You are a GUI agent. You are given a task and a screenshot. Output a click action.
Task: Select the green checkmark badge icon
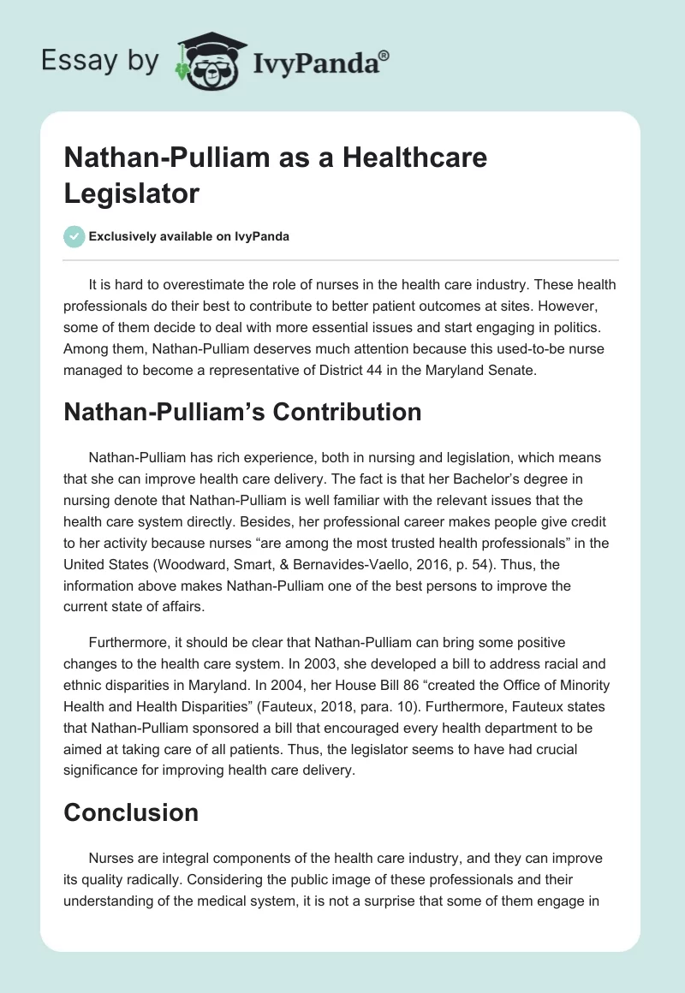pyautogui.click(x=74, y=236)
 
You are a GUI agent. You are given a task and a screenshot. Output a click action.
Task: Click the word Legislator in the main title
pyautogui.click(x=131, y=193)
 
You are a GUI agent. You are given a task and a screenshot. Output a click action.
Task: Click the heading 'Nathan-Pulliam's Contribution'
pyautogui.click(x=242, y=412)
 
